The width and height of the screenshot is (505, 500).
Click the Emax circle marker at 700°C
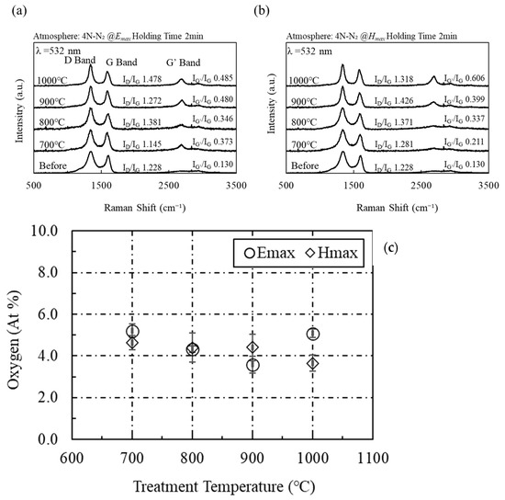(132, 332)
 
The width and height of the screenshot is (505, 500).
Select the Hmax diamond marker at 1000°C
(313, 363)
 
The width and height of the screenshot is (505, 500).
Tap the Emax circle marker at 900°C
(252, 365)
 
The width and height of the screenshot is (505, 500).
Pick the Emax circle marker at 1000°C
(313, 335)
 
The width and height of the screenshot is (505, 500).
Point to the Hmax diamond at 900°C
(252, 348)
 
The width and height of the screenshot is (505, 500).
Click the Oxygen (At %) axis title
(16, 335)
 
